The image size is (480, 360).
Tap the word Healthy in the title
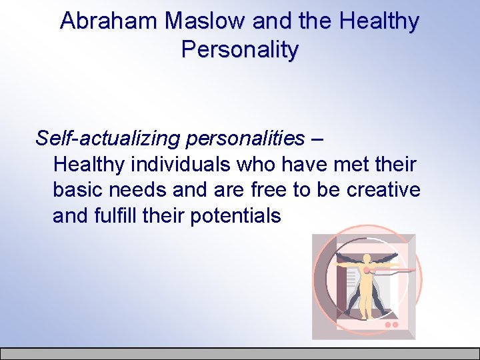click(x=379, y=21)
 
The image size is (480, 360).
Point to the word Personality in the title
click(x=239, y=49)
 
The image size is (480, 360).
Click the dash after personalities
click(x=318, y=139)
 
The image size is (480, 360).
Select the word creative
click(x=383, y=190)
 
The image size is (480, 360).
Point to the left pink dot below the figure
click(x=388, y=325)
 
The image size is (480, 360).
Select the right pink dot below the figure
click(x=395, y=325)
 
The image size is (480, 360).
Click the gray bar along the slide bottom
click(x=240, y=354)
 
